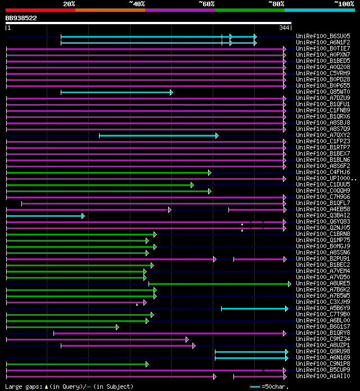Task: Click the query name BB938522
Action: pyautogui.click(x=21, y=18)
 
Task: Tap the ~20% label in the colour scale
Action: pyautogui.click(x=69, y=4)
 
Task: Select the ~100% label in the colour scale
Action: pyautogui.click(x=344, y=4)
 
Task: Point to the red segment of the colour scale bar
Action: pyautogui.click(x=40, y=10)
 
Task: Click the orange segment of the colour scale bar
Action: pyautogui.click(x=110, y=10)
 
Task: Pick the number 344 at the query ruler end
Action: pyautogui.click(x=283, y=28)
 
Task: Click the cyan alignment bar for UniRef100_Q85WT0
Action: pyautogui.click(x=116, y=92)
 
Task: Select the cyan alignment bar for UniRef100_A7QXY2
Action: pyautogui.click(x=158, y=135)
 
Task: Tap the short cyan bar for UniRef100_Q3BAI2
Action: pyautogui.click(x=44, y=216)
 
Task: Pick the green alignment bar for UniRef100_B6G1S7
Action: pyautogui.click(x=62, y=327)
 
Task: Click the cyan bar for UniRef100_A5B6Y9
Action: pyautogui.click(x=254, y=308)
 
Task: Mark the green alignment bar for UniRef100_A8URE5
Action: pyautogui.click(x=219, y=284)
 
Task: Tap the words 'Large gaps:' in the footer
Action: pyautogui.click(x=23, y=387)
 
